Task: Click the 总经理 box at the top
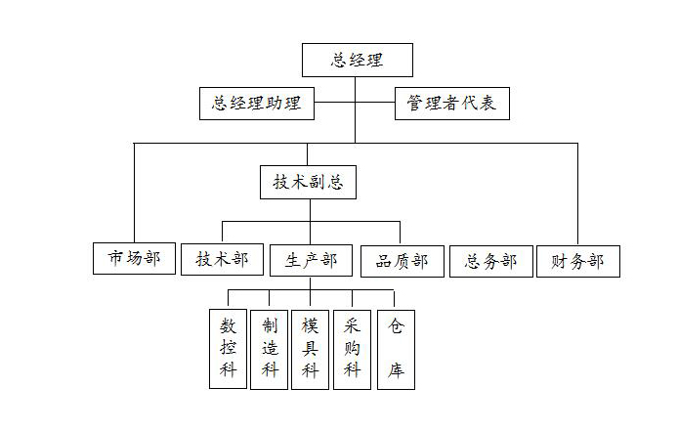[x=358, y=61]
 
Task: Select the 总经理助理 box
[x=257, y=104]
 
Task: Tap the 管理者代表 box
[x=452, y=104]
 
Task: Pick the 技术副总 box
[x=309, y=182]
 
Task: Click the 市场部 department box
[x=134, y=258]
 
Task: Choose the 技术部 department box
[x=222, y=259]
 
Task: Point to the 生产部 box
[x=311, y=261]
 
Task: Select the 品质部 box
[x=403, y=261]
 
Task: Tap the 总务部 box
[x=491, y=261]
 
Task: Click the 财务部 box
[x=578, y=261]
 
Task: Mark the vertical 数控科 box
[x=228, y=349]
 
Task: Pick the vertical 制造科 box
[x=269, y=350]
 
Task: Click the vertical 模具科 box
[x=310, y=350]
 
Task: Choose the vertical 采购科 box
[x=352, y=350]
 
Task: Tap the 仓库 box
[x=396, y=350]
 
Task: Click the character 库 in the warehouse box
[x=396, y=370]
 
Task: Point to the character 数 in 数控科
[x=228, y=325]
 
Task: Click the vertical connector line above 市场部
[x=134, y=193]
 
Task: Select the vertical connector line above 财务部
[x=577, y=194]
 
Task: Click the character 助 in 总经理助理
[x=274, y=104]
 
